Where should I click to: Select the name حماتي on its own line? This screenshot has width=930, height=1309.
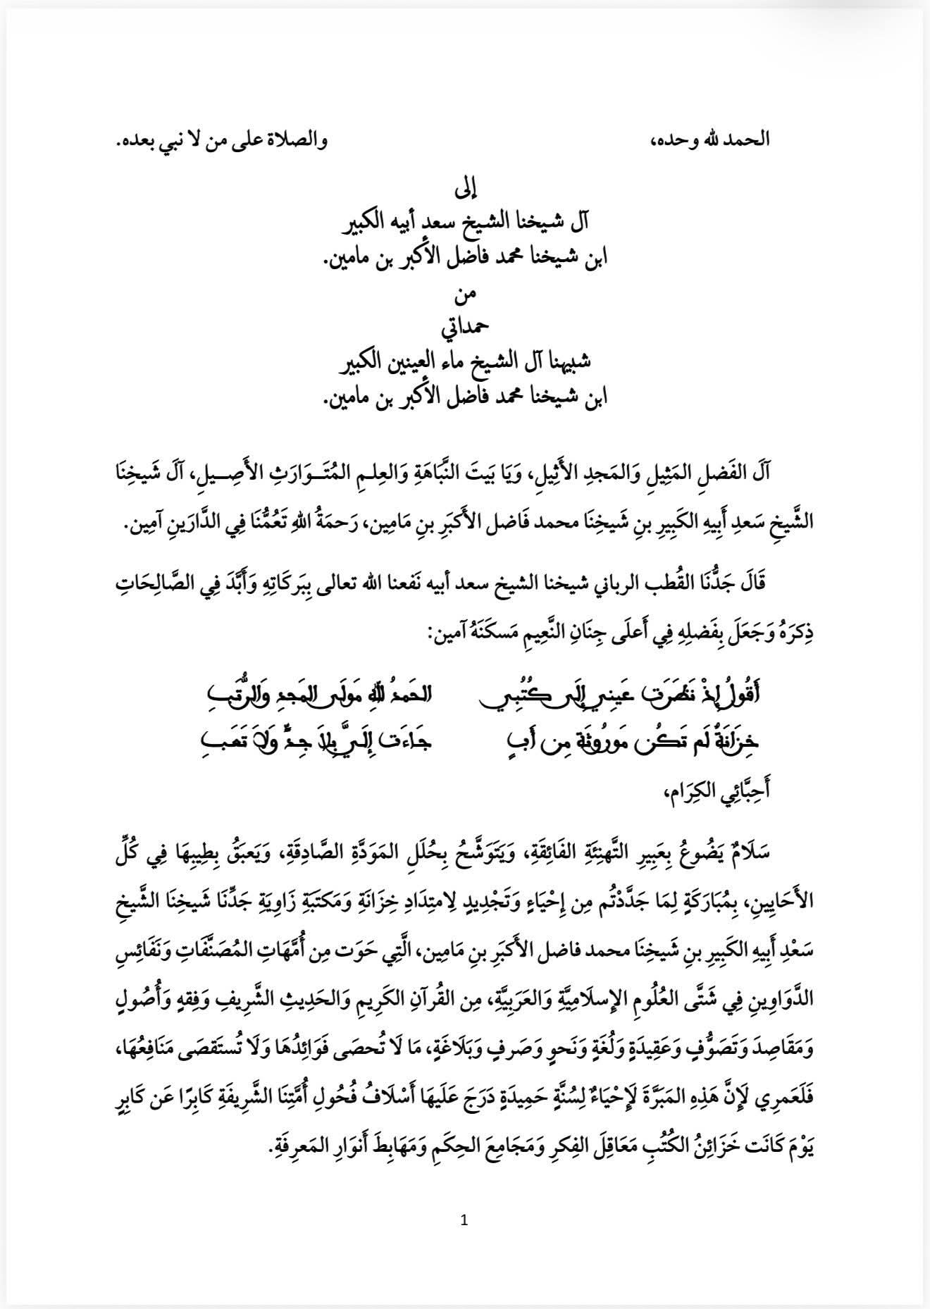pos(464,329)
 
